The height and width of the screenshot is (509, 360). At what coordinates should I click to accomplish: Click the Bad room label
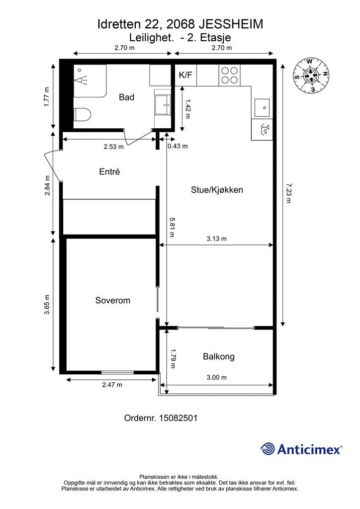tap(127, 97)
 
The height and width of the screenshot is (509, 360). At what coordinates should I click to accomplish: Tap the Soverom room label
tap(113, 300)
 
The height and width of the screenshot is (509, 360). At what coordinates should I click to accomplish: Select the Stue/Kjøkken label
tap(217, 190)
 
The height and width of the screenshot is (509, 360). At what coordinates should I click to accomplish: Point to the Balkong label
tap(219, 356)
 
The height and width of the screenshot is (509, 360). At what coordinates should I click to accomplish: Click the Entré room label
tap(109, 171)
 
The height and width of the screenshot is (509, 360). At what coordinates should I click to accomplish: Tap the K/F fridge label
tap(185, 76)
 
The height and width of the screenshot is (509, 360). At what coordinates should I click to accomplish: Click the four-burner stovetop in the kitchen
tap(229, 76)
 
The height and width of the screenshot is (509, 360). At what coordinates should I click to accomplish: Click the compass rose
tap(311, 75)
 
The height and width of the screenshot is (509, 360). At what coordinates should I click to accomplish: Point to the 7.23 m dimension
tap(288, 193)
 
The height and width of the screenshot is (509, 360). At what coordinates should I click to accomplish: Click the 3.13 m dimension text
tap(216, 239)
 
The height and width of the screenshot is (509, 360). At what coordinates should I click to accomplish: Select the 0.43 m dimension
tap(178, 146)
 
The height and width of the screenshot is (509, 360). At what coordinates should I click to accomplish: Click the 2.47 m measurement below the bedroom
tap(112, 385)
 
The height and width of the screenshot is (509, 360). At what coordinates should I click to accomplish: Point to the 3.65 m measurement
tap(47, 305)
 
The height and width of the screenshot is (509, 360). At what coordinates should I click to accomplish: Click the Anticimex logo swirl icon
tap(268, 449)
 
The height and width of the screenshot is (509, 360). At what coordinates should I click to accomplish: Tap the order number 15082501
tap(178, 418)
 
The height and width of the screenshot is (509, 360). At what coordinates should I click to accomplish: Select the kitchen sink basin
tap(262, 107)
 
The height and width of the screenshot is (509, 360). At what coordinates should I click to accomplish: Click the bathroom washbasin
tap(163, 104)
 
